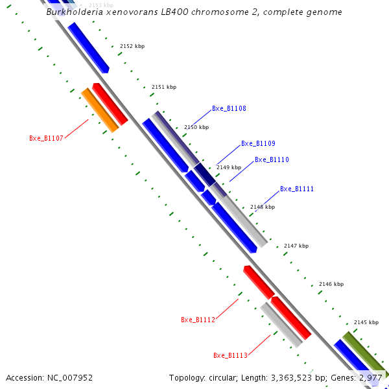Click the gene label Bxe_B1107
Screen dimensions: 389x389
coord(46,138)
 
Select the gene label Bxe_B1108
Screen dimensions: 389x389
coord(229,109)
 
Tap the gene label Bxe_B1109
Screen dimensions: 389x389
coord(258,144)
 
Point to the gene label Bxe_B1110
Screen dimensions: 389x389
coord(272,159)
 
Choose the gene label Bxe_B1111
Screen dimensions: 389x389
coord(297,189)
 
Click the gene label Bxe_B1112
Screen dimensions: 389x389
coord(198,320)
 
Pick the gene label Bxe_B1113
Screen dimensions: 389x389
coord(230,355)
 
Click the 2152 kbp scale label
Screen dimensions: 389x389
coord(132,46)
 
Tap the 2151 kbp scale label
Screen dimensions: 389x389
coord(163,87)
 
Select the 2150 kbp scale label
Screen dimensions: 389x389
coord(196,127)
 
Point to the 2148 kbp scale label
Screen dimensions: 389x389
coord(263,207)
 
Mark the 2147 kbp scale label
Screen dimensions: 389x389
coord(296,246)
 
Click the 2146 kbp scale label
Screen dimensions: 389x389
coord(331,284)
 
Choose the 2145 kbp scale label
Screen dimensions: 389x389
coord(366,322)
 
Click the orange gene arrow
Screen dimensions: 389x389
coord(100,111)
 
